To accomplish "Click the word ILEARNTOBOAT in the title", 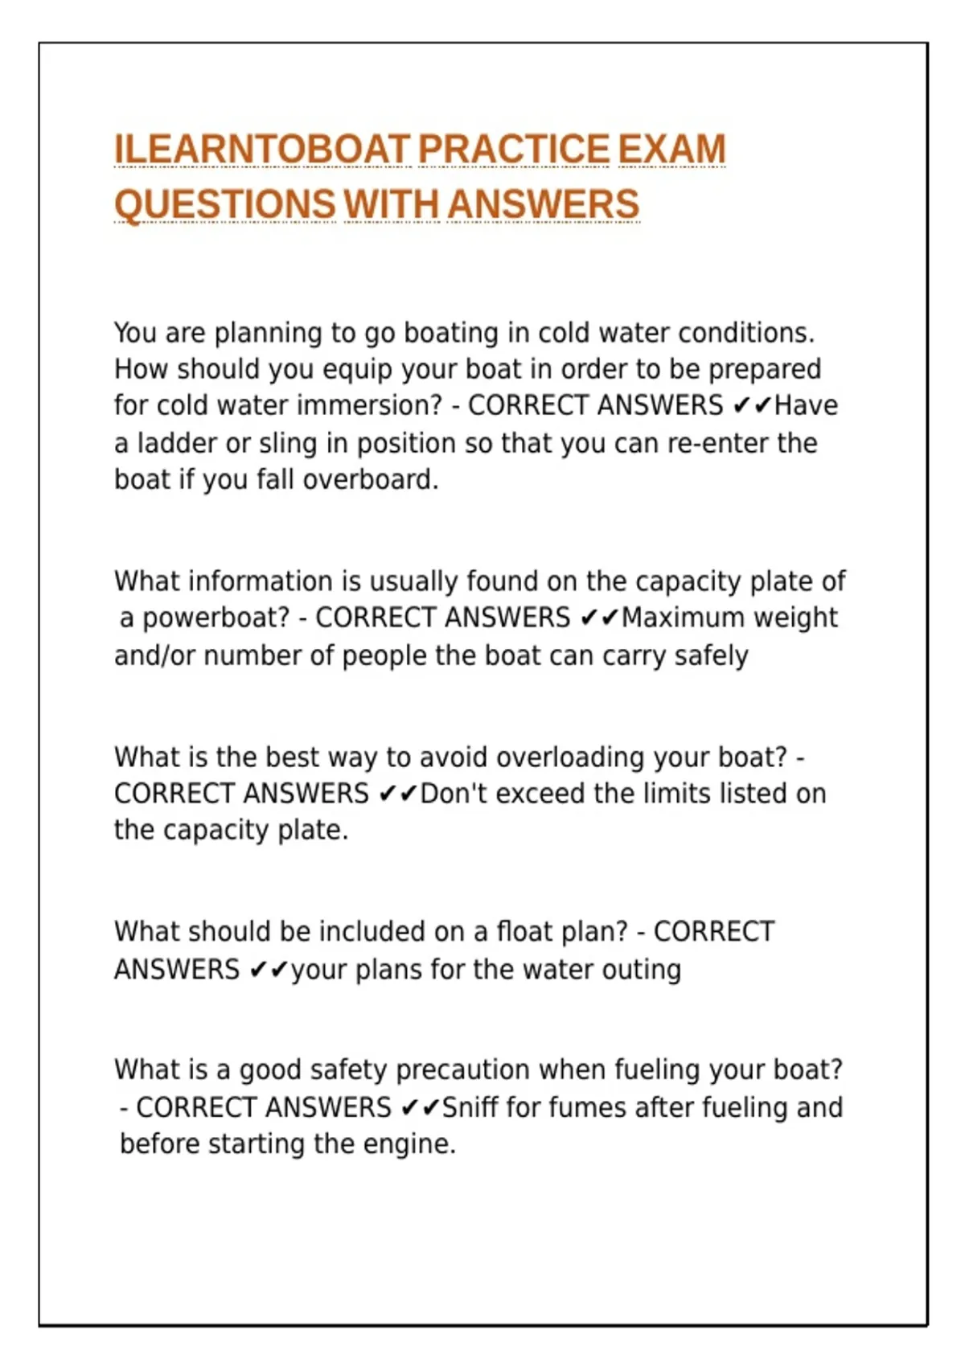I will (262, 150).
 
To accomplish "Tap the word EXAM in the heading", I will (671, 150).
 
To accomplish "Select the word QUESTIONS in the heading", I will (224, 203).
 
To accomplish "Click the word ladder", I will (176, 443).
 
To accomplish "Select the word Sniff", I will (470, 1107).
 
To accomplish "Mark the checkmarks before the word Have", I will (753, 405).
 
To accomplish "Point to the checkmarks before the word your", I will (269, 970).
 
